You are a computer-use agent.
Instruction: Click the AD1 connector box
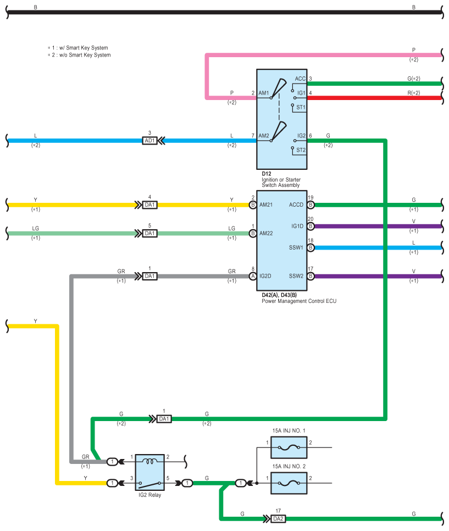149,141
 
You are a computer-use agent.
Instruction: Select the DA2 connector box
278,519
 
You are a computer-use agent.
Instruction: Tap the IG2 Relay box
149,472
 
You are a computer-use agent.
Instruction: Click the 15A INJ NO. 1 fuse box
289,447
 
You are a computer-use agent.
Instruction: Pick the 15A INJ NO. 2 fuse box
289,483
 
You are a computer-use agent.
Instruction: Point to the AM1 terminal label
264,93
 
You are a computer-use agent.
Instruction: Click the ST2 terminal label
301,150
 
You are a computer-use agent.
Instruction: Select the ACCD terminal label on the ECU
296,205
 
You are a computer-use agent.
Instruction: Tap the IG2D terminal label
265,276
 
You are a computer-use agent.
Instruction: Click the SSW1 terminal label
296,247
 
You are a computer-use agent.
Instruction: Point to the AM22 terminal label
266,233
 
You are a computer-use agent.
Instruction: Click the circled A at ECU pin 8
253,276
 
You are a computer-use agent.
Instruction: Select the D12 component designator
266,174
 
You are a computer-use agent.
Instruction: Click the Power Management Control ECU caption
299,301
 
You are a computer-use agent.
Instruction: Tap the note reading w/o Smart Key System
79,55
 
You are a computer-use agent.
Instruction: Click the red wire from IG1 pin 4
374,98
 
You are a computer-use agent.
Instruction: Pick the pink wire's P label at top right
413,50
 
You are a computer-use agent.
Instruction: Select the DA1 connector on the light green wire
149,233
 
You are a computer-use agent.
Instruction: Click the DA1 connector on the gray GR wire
149,276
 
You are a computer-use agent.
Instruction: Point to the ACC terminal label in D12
300,79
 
